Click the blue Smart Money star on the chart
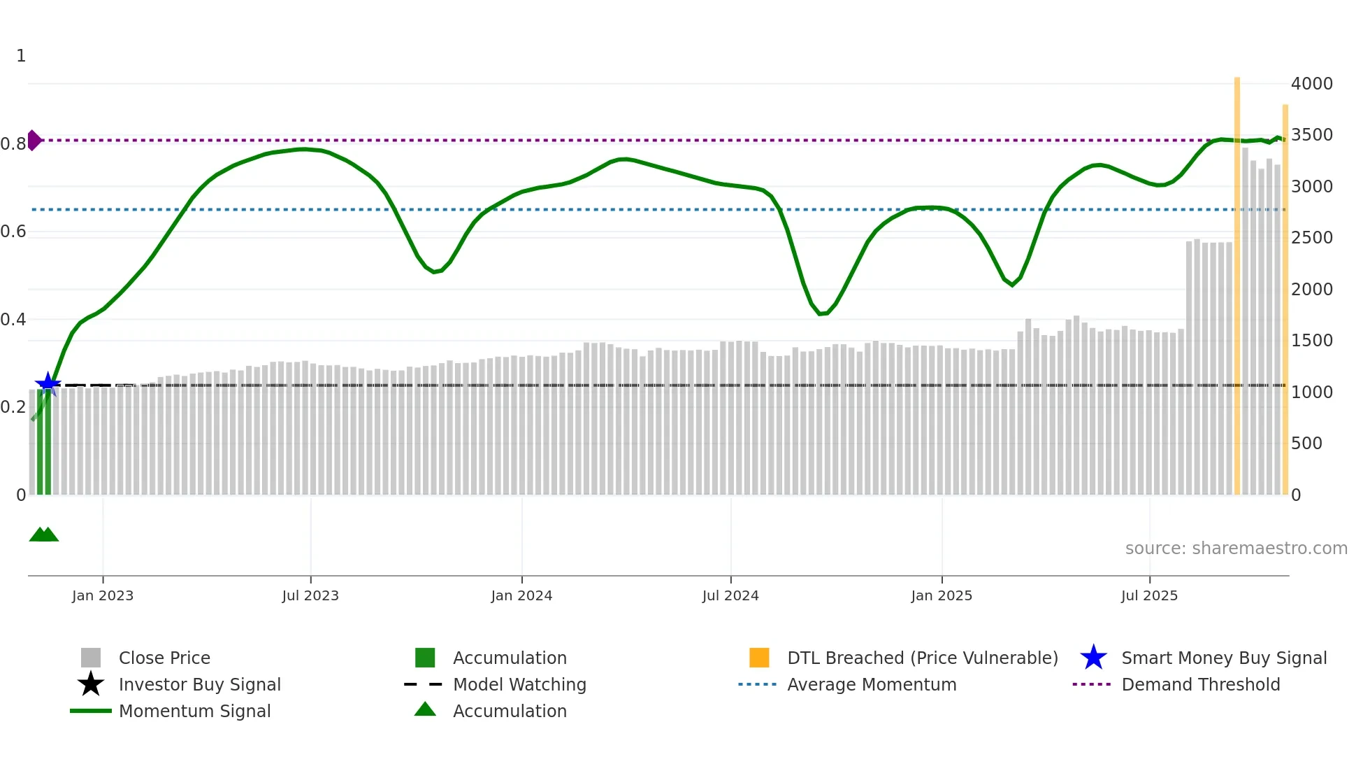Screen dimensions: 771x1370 48,383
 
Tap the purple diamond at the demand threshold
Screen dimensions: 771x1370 34,140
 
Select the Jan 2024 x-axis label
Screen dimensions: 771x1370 521,595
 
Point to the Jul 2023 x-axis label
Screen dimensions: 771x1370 310,595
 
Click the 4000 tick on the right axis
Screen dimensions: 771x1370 1311,84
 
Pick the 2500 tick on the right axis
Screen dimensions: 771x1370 1311,238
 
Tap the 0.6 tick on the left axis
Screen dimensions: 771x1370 13,232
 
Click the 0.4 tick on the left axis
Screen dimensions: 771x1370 13,320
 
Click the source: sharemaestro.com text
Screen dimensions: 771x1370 1236,549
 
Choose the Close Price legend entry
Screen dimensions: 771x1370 164,658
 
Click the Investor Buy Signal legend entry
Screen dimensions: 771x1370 199,684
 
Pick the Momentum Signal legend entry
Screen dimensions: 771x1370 194,711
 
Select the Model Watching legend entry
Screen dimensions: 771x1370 519,684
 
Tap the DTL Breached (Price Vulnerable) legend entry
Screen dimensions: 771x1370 922,658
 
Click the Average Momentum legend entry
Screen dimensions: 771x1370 871,684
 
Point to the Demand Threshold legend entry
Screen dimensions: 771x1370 1200,684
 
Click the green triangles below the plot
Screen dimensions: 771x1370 44,535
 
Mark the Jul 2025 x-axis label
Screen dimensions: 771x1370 1149,595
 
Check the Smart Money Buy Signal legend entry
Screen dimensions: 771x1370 1223,658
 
